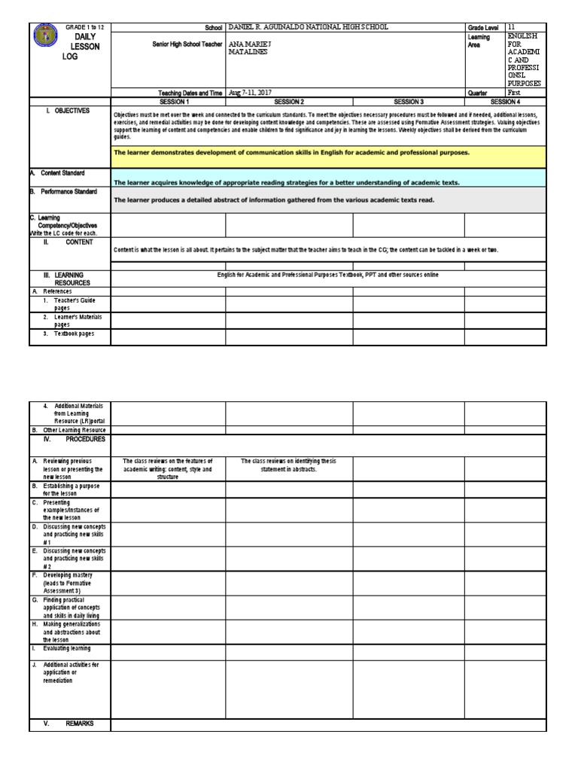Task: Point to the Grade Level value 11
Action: pos(512,27)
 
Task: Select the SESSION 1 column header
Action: pos(168,101)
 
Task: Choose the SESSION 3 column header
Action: pos(408,101)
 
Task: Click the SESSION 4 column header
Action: pos(505,101)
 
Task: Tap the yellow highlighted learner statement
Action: pos(291,152)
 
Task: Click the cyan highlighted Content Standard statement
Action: pos(287,182)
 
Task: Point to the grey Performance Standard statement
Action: pos(274,200)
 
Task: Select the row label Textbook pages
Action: pos(74,334)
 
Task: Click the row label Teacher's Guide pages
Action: pos(74,303)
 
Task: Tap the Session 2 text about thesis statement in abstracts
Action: pos(289,465)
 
